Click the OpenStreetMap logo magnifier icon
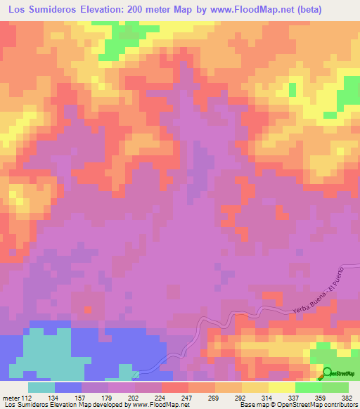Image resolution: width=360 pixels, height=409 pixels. coord(328,372)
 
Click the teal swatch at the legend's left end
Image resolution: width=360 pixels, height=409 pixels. coord(41,387)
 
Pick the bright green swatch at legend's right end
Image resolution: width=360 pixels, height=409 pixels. coord(335,387)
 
